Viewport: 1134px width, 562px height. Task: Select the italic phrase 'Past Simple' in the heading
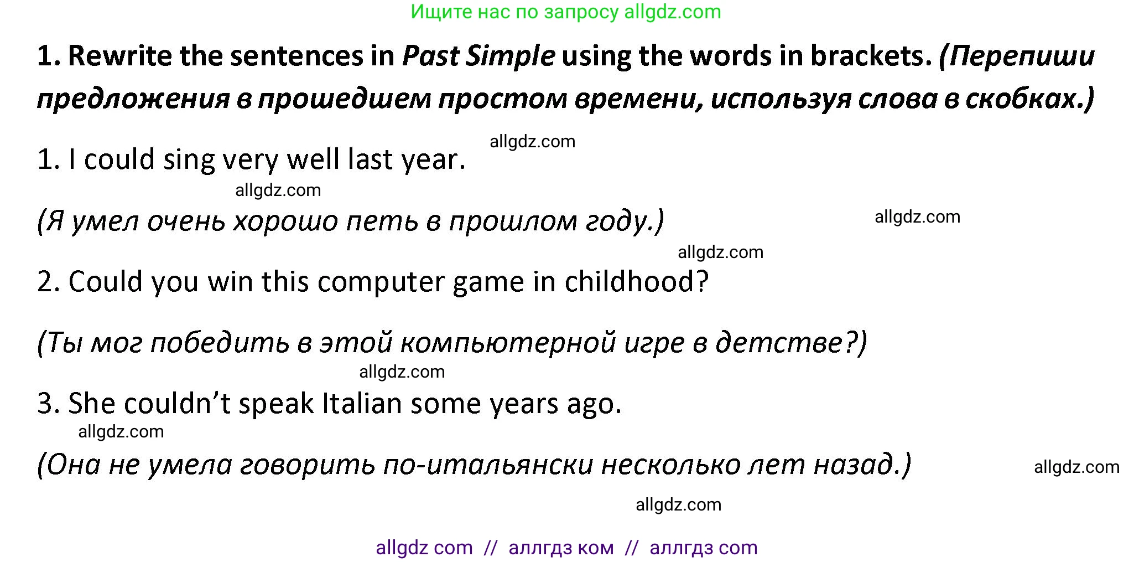(x=478, y=56)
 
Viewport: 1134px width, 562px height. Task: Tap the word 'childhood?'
(x=636, y=282)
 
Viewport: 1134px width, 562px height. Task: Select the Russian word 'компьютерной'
(x=508, y=343)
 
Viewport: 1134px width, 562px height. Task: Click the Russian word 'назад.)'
(x=862, y=465)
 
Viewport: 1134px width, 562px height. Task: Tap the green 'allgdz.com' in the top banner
(x=672, y=12)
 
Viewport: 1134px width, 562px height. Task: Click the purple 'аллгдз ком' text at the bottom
(x=561, y=548)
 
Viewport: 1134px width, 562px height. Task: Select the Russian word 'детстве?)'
(x=791, y=343)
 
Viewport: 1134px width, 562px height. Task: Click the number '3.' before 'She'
(x=48, y=404)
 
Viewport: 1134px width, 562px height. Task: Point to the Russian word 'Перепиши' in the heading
(x=1017, y=56)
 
